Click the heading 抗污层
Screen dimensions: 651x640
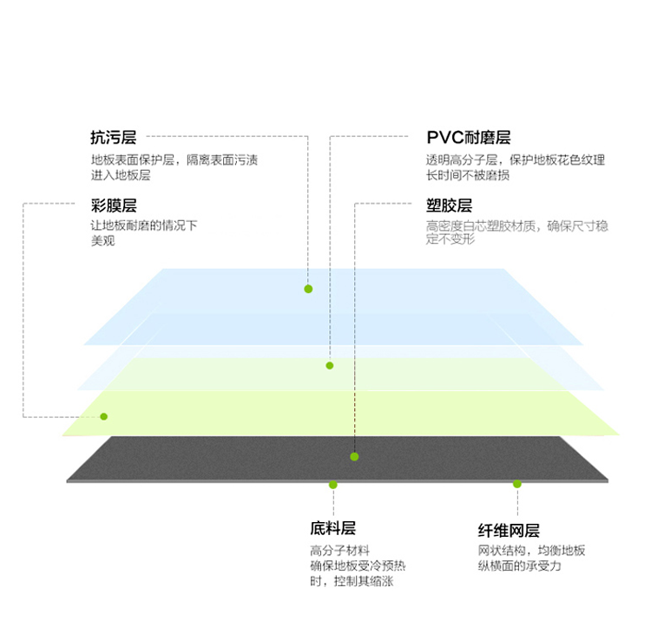click(x=114, y=137)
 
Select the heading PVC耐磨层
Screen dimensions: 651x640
click(x=469, y=137)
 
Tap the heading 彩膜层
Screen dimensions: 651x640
click(x=114, y=206)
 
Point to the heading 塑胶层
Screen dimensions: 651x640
click(x=449, y=206)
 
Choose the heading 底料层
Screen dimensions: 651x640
click(x=332, y=528)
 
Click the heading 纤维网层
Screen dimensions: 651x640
click(x=509, y=530)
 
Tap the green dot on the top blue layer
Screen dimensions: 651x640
click(x=308, y=289)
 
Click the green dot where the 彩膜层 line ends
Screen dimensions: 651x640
click(x=104, y=416)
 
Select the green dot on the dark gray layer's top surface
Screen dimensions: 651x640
click(x=354, y=457)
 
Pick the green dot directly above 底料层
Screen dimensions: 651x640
click(x=333, y=485)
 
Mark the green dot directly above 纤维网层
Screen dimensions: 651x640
click(x=517, y=484)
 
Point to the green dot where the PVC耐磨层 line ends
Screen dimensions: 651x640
click(x=330, y=365)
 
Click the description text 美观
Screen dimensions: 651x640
click(x=102, y=240)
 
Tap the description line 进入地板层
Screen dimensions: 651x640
click(x=121, y=175)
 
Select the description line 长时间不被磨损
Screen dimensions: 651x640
click(x=468, y=175)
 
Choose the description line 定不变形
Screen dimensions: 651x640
click(x=450, y=239)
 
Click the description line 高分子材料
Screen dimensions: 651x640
click(x=339, y=551)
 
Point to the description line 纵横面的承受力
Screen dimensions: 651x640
click(x=519, y=565)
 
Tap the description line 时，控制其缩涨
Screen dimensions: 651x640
click(x=352, y=581)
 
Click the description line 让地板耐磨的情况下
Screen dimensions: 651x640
click(x=143, y=225)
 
